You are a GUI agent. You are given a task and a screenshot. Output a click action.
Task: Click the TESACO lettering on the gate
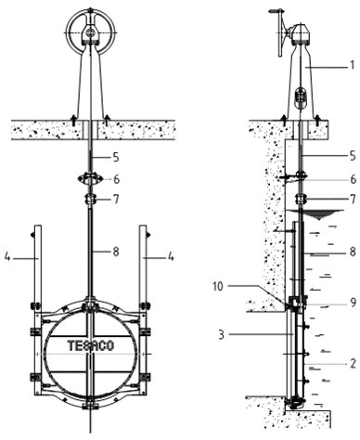point(91,345)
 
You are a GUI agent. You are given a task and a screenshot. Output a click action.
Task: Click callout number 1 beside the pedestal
point(352,65)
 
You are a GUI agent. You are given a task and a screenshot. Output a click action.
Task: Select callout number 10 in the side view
point(218,287)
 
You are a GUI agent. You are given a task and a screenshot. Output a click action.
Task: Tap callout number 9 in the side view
point(353,302)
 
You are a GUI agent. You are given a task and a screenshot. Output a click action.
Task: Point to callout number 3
point(221,335)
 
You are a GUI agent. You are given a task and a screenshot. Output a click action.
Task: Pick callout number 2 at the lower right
point(354,364)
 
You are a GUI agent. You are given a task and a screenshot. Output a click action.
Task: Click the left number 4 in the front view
point(7,256)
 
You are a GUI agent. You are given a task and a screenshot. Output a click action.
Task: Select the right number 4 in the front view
point(171,256)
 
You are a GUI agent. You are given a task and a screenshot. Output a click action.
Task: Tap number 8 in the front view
point(116,252)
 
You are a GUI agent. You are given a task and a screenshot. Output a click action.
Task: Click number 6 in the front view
point(116,179)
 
